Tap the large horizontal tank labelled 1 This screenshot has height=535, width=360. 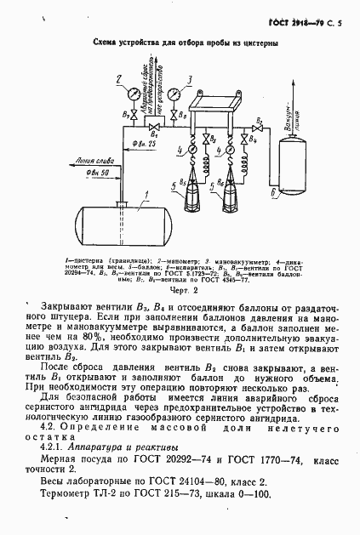(x=123, y=223)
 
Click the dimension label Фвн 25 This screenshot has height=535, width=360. (x=144, y=146)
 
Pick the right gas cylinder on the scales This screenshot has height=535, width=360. (x=231, y=193)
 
